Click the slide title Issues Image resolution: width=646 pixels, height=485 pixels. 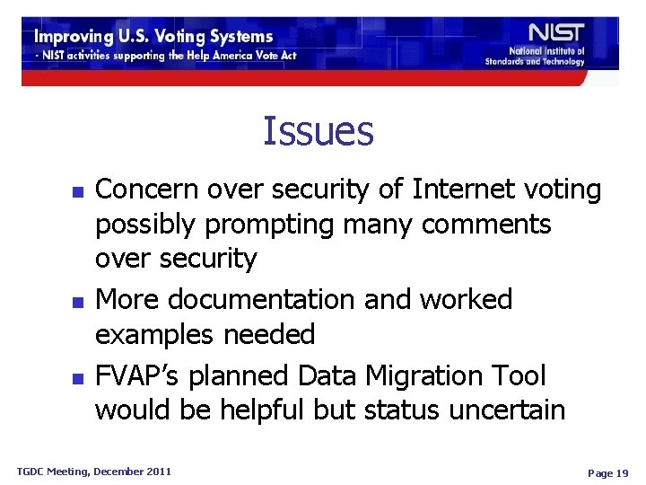point(318,131)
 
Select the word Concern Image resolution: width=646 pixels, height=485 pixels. point(146,190)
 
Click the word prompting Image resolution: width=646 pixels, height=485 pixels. point(263,225)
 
